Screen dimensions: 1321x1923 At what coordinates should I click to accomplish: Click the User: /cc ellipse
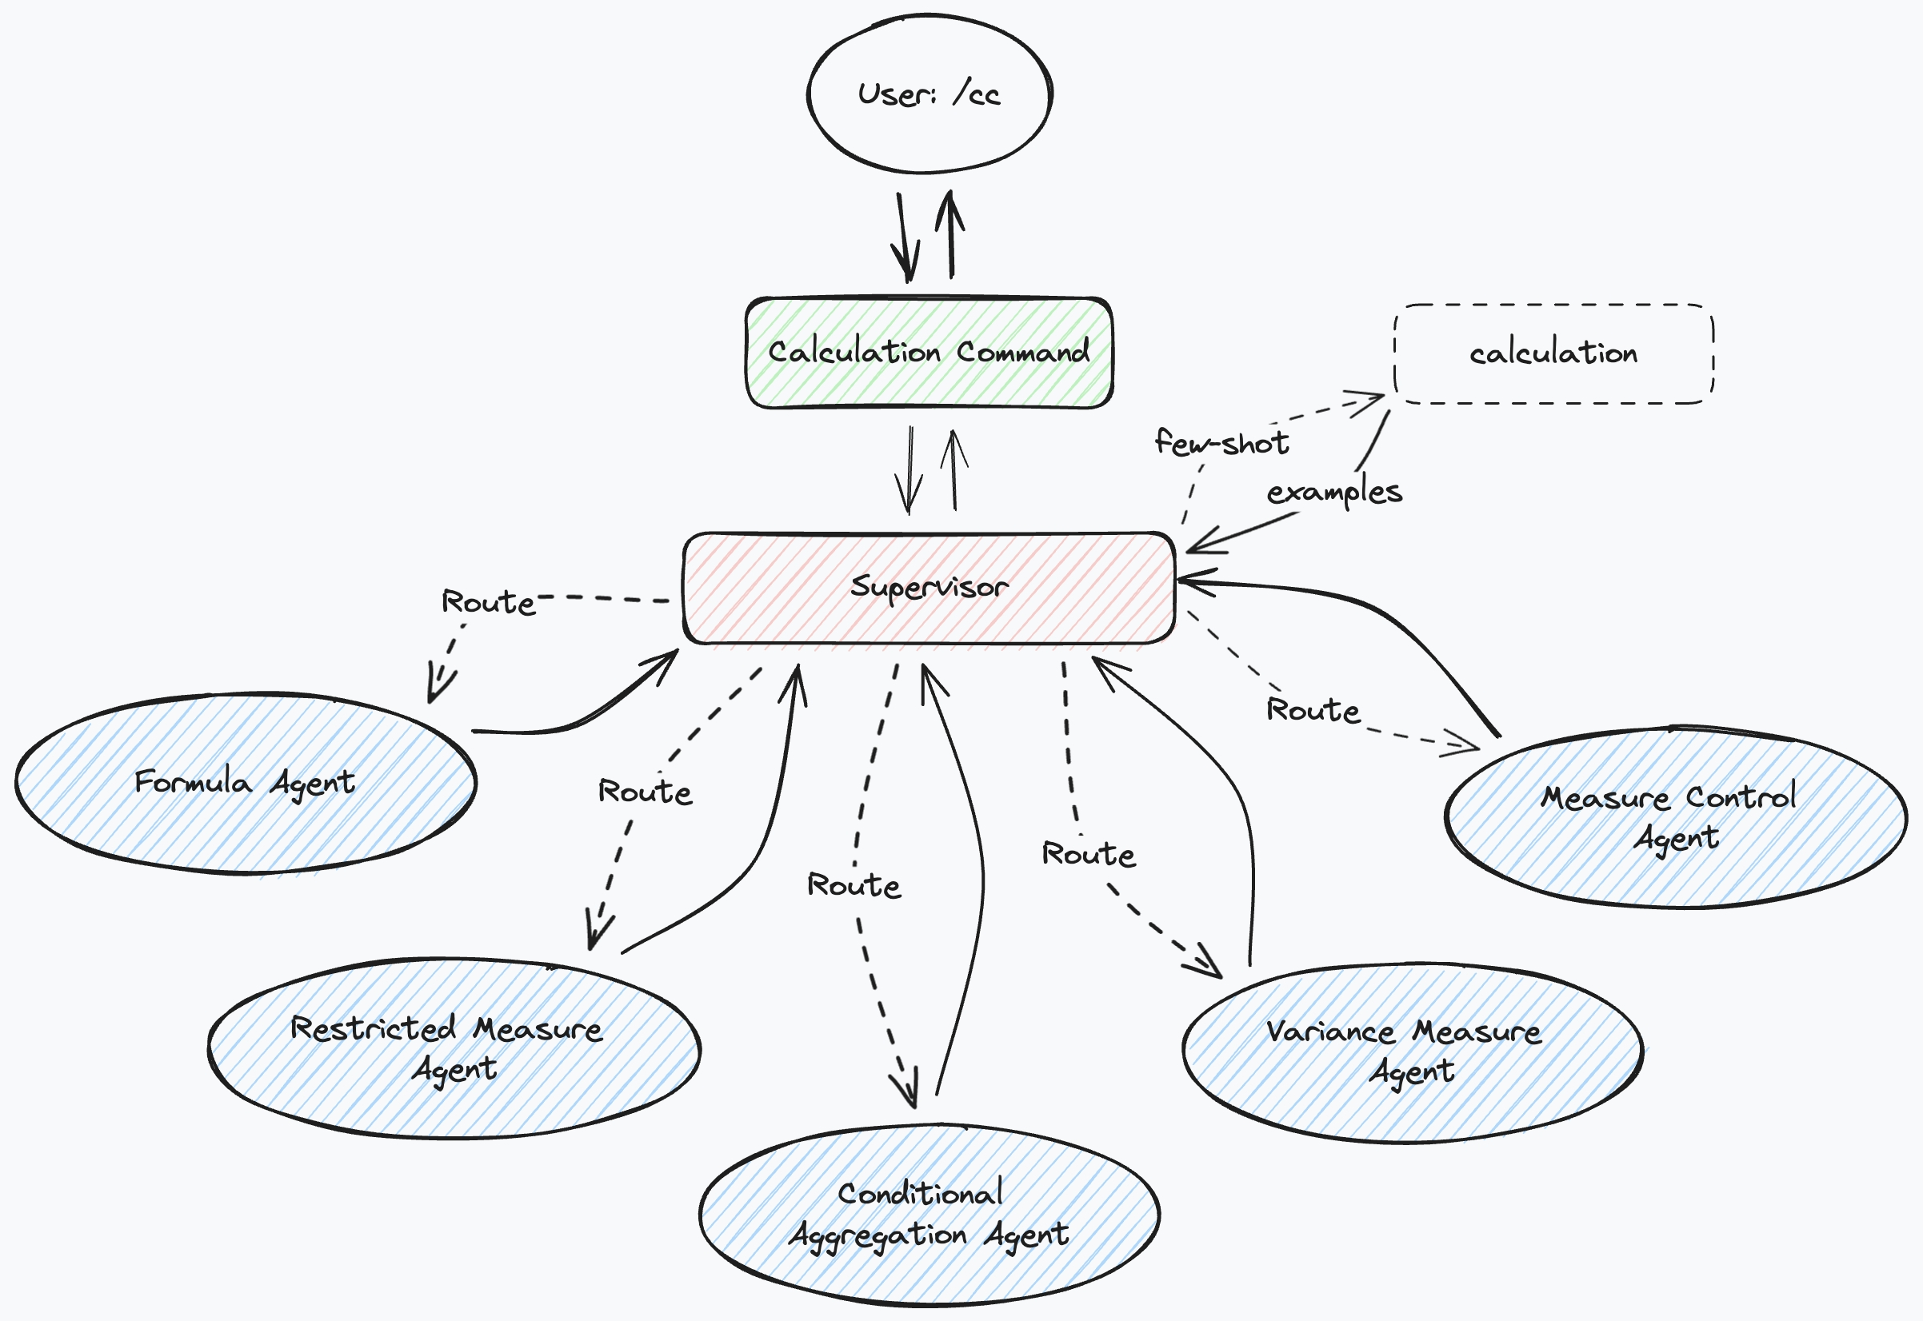click(929, 94)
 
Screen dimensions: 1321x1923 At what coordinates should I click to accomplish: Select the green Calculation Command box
click(929, 353)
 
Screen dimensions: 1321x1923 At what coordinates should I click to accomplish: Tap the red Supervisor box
click(929, 588)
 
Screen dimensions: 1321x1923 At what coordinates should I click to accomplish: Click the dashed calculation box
click(1553, 354)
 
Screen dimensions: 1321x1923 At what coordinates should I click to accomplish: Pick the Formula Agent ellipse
click(245, 783)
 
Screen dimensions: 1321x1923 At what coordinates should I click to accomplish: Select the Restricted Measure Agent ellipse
click(454, 1048)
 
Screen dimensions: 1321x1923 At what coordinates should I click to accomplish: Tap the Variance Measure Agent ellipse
click(1411, 1053)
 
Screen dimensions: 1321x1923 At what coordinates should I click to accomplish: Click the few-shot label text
click(1221, 444)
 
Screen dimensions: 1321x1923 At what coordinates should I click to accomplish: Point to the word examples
click(1334, 493)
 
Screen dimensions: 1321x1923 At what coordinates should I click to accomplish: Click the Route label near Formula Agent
click(489, 602)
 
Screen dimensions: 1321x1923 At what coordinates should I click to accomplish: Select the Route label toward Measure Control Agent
click(1313, 710)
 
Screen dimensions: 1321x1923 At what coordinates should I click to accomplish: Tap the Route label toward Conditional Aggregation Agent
click(854, 886)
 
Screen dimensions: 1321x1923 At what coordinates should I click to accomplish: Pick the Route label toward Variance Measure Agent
click(1089, 854)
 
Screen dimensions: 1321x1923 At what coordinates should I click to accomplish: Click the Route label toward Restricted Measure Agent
click(645, 792)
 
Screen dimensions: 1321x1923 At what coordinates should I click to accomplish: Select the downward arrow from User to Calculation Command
click(904, 236)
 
